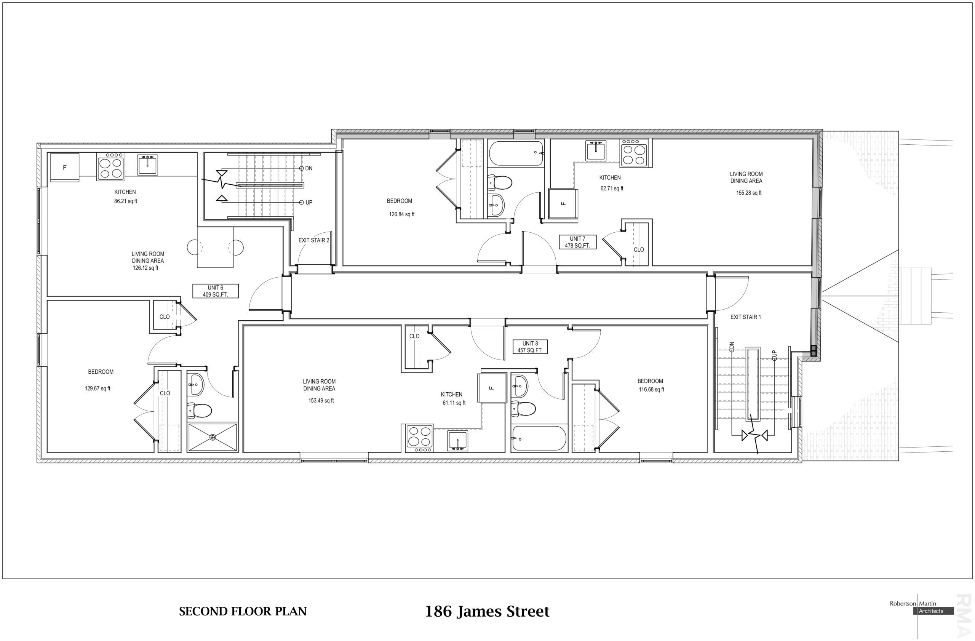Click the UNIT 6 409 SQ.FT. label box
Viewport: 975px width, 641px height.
pyautogui.click(x=216, y=291)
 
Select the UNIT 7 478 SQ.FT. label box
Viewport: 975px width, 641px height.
pyautogui.click(x=578, y=242)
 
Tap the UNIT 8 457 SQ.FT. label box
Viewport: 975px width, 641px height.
pyautogui.click(x=530, y=347)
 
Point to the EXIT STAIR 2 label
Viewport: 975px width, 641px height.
pyautogui.click(x=314, y=240)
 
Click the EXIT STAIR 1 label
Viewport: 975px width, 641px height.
pyautogui.click(x=746, y=317)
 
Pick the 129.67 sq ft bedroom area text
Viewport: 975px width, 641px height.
pyautogui.click(x=97, y=389)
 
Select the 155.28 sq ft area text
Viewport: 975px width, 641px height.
pyautogui.click(x=749, y=193)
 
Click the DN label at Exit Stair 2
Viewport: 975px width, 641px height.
pyautogui.click(x=309, y=168)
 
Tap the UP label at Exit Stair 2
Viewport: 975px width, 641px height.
pyautogui.click(x=309, y=202)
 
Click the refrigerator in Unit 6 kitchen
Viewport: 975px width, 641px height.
pyautogui.click(x=64, y=167)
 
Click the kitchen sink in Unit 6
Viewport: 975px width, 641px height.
pyautogui.click(x=147, y=165)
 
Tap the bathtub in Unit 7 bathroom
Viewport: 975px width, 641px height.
pyautogui.click(x=516, y=153)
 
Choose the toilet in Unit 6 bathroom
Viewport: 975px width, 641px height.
pyautogui.click(x=199, y=410)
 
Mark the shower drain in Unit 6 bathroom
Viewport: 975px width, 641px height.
pyautogui.click(x=213, y=438)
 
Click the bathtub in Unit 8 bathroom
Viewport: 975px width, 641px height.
pyautogui.click(x=539, y=439)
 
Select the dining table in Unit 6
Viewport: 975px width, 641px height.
pyautogui.click(x=215, y=248)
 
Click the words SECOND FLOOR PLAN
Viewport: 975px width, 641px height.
pyautogui.click(x=243, y=612)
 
